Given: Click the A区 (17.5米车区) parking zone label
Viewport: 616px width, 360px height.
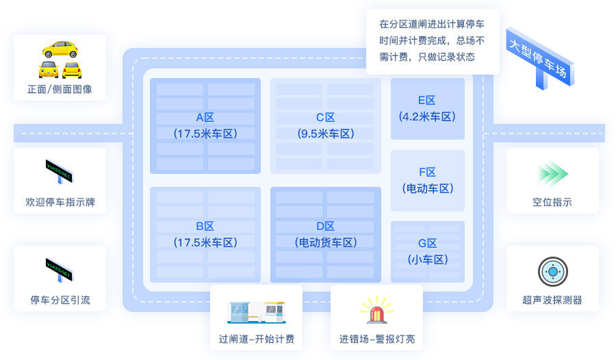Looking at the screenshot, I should pos(205,125).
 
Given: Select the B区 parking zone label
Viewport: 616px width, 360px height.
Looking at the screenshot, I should pos(205,233).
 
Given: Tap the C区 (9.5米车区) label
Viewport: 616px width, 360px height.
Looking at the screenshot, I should pos(326,125).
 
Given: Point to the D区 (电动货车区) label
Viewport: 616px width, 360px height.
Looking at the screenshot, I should pos(326,233).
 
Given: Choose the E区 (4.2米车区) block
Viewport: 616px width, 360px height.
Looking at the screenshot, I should pos(427,109).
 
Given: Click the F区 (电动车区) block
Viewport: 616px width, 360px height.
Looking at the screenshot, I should pos(427,180).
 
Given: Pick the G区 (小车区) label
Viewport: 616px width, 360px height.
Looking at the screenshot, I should pos(427,251).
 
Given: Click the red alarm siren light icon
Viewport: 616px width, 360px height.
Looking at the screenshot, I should pos(376,311).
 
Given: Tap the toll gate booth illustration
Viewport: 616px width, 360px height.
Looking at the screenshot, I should pos(255,311).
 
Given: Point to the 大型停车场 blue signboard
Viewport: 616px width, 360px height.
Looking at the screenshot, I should pos(539,57).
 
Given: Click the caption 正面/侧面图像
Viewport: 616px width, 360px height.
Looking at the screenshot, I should pos(60,89).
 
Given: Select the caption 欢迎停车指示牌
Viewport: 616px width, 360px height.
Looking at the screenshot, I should pos(60,202).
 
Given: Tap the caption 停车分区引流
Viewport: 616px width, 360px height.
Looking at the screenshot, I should pos(60,300).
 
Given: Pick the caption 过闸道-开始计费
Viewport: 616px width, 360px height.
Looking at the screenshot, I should pos(256,339).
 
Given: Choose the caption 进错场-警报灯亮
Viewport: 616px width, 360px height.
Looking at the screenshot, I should pos(376,339).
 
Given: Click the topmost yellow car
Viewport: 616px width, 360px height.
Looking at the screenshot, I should pos(60,49).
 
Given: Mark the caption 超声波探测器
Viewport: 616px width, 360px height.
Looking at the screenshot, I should pos(552,300).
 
